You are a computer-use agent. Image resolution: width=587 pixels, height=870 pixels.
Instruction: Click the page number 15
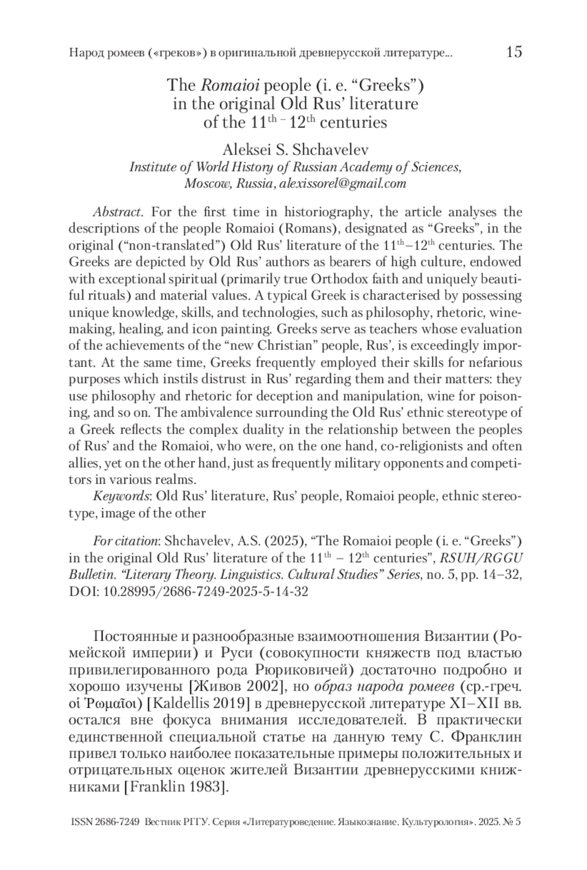(514, 52)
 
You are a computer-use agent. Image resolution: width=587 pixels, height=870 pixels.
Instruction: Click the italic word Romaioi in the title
(225, 86)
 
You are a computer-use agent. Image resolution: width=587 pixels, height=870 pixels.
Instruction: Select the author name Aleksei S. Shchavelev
(295, 150)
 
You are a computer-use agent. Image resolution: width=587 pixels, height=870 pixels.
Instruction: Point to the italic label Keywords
(121, 496)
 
